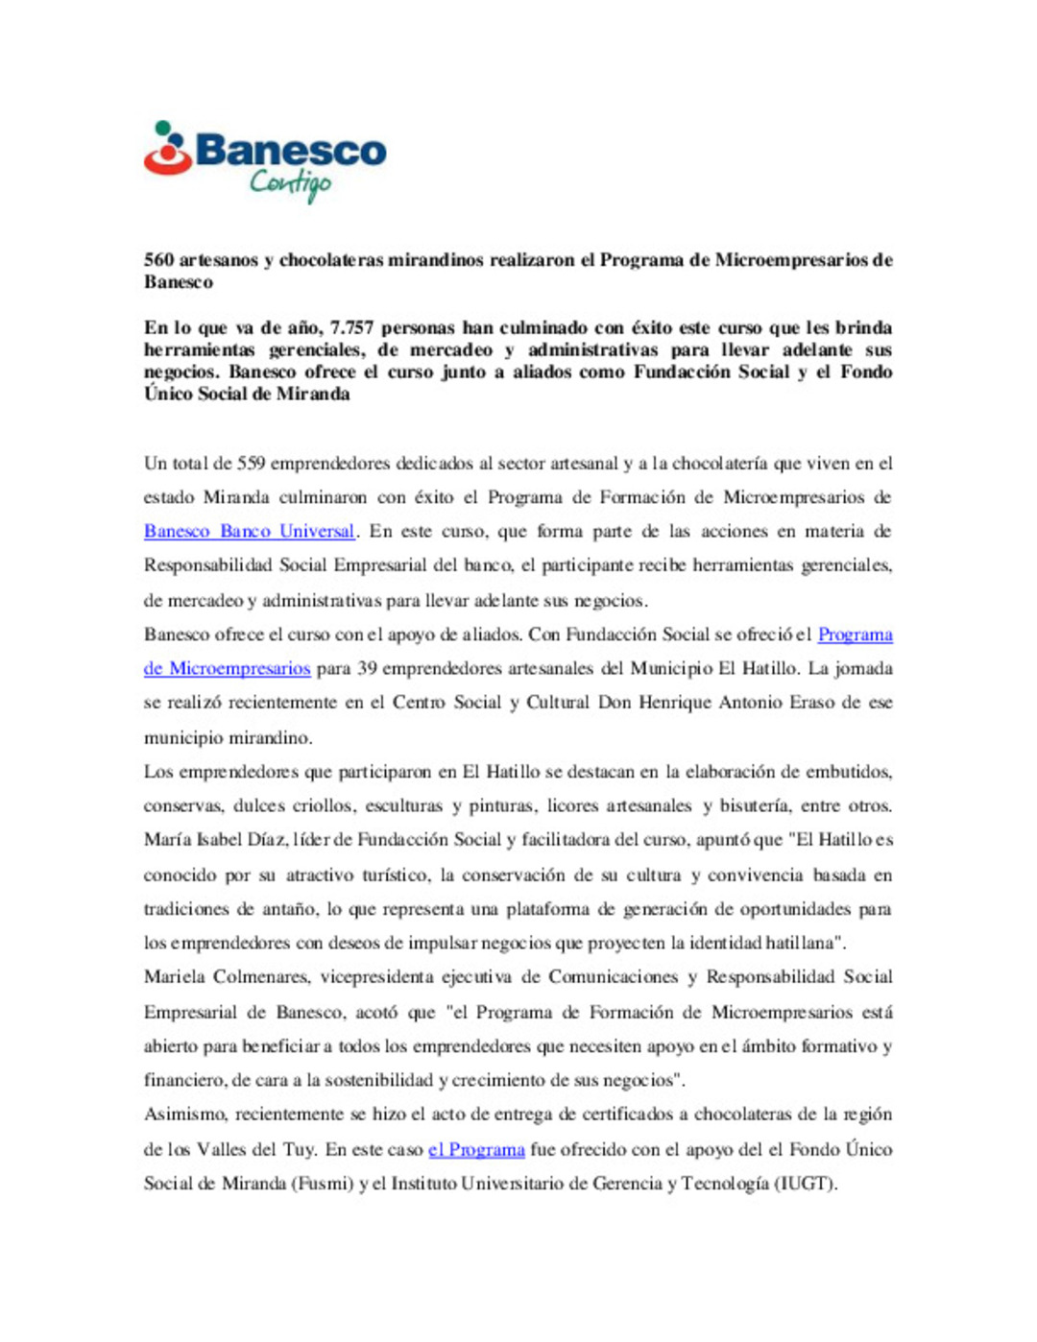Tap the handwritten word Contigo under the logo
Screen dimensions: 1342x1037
point(291,183)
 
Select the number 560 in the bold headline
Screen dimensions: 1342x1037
point(158,260)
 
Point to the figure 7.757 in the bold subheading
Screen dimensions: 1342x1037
point(351,327)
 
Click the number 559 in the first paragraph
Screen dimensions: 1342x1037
point(251,464)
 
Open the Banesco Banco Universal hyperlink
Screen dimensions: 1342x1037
point(250,532)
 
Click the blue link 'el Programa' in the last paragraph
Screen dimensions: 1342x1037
point(476,1150)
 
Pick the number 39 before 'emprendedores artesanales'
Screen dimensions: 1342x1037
point(367,669)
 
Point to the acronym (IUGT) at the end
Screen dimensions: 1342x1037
point(806,1184)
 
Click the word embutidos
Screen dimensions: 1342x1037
point(849,772)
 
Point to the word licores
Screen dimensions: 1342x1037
point(572,806)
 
